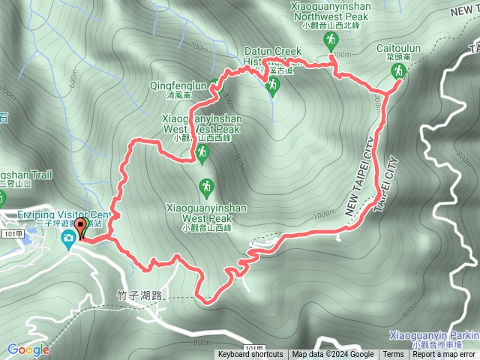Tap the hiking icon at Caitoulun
point(398,71)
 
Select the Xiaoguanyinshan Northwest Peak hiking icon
point(331,41)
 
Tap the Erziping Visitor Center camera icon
point(68,238)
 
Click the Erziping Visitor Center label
point(63,215)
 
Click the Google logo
point(28,349)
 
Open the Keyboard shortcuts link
point(250,355)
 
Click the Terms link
point(393,355)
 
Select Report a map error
point(444,355)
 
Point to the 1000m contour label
point(325,214)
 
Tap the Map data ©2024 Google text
point(332,355)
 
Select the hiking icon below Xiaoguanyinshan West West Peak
point(201,154)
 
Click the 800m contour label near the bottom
point(202,342)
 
